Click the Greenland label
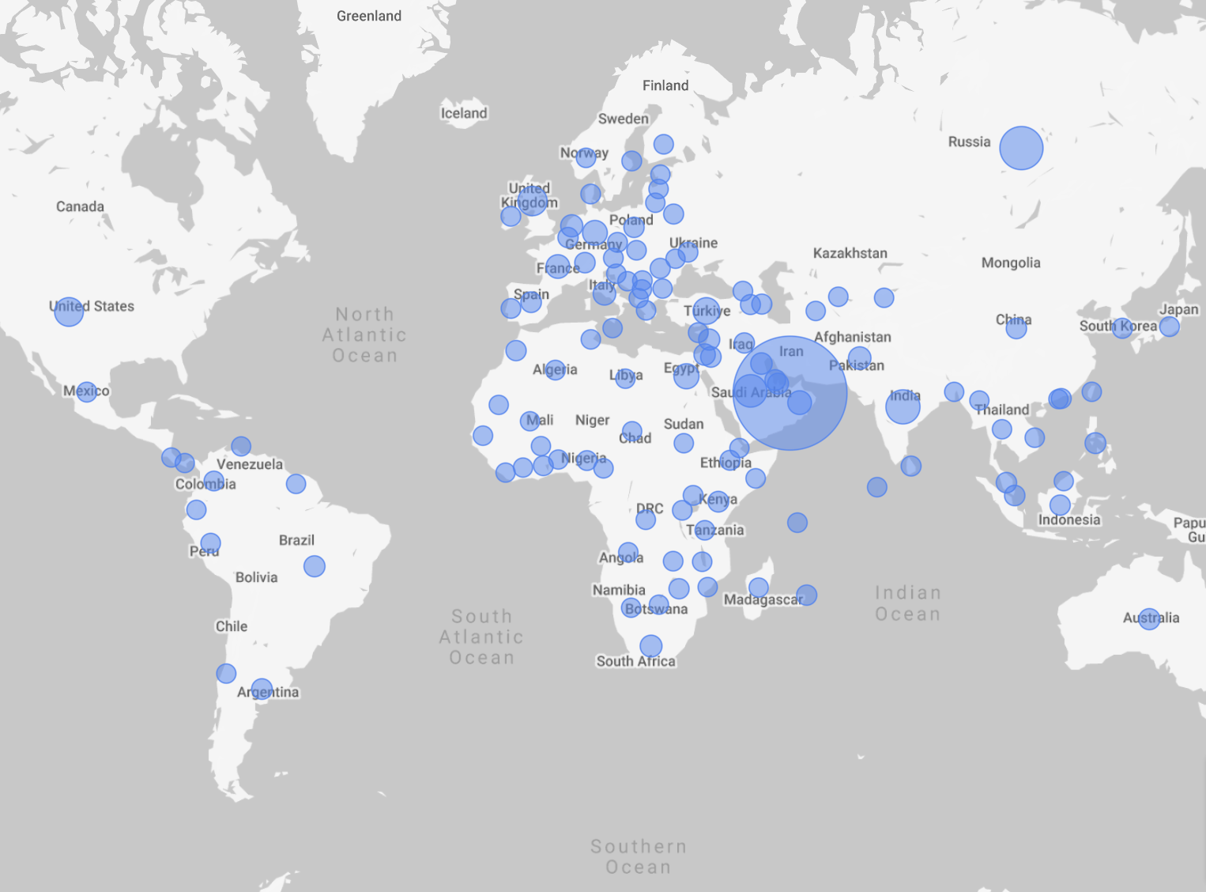[368, 16]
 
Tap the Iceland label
[464, 113]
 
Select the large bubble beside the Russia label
[1021, 148]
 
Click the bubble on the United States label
[69, 312]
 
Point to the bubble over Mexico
[87, 391]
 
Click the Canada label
[80, 206]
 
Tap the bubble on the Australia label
[1149, 618]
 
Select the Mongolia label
[1010, 263]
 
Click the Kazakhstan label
[850, 253]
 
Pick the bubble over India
[903, 406]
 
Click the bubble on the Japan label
[1170, 326]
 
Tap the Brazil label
[296, 540]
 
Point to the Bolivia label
[256, 577]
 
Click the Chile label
[232, 626]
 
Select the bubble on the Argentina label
[262, 690]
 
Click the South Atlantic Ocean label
[481, 637]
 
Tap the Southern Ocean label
[639, 856]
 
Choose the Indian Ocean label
[907, 603]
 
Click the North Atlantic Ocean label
[364, 334]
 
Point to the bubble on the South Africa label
[650, 646]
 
